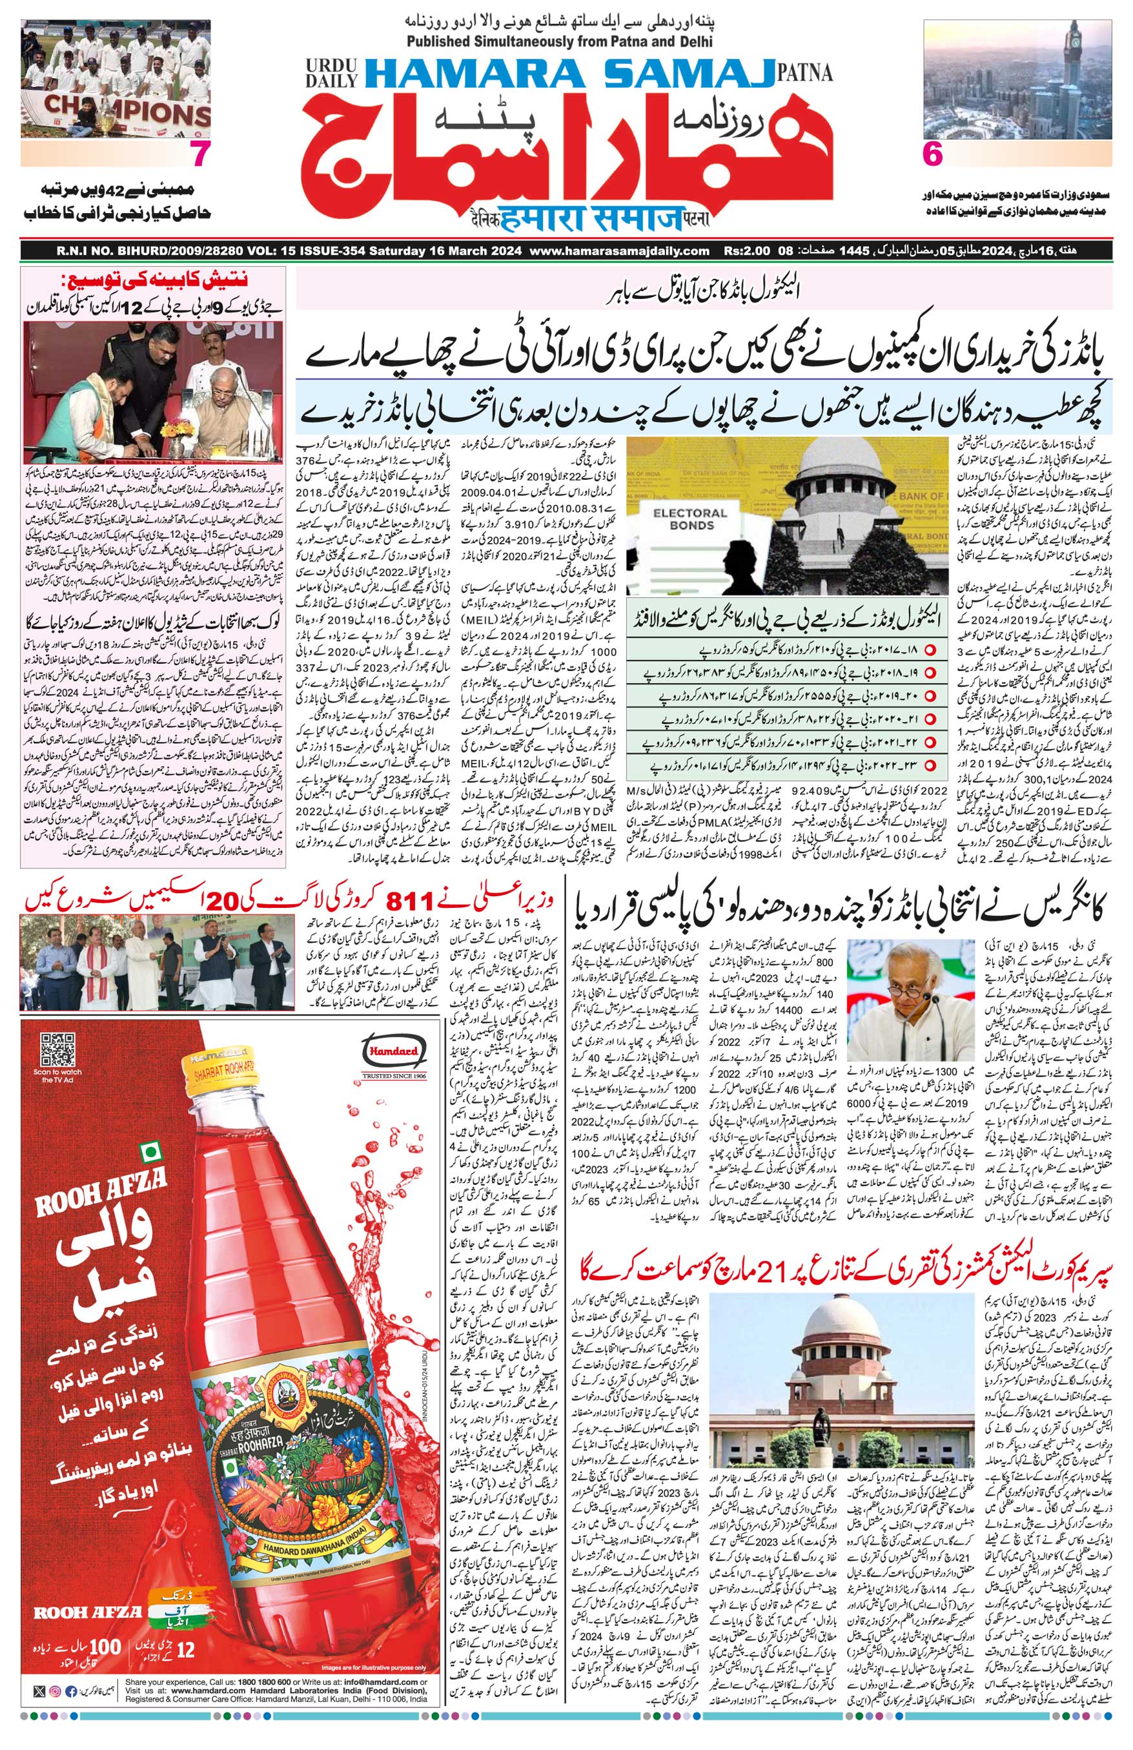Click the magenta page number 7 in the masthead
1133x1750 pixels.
click(x=196, y=155)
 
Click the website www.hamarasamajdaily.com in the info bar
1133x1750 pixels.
click(x=619, y=251)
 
